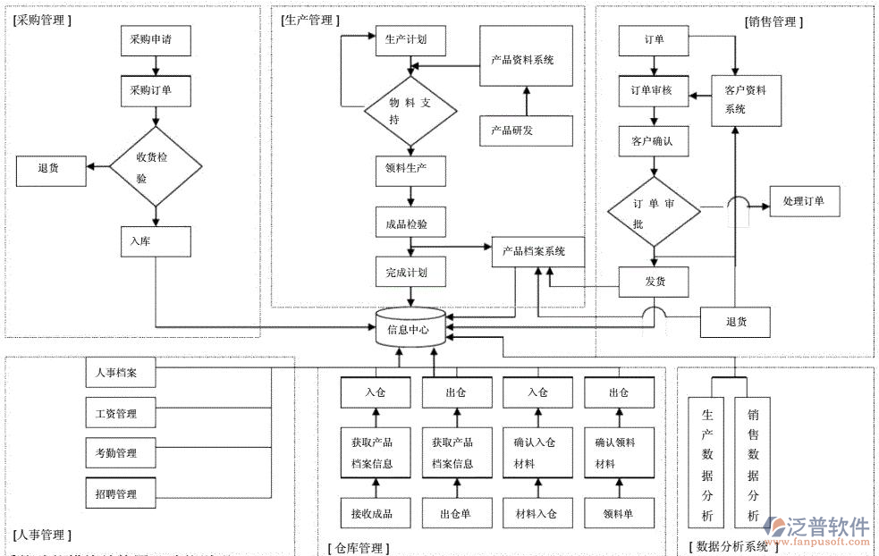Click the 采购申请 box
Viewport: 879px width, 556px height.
click(x=156, y=40)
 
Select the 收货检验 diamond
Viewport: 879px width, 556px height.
click(x=156, y=166)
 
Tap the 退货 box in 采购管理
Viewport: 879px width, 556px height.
click(x=51, y=169)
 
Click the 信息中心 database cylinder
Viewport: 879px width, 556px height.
click(x=410, y=328)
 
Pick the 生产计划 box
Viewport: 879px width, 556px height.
click(x=410, y=40)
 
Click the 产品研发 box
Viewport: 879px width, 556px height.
click(x=526, y=131)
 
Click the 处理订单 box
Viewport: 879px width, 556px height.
click(x=803, y=201)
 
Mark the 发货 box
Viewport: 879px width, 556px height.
click(x=655, y=282)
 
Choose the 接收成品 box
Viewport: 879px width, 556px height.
click(x=376, y=513)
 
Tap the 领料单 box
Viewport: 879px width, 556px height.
click(x=619, y=513)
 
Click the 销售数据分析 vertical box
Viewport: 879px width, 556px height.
click(x=753, y=464)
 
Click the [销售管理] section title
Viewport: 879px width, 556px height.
click(x=773, y=21)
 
